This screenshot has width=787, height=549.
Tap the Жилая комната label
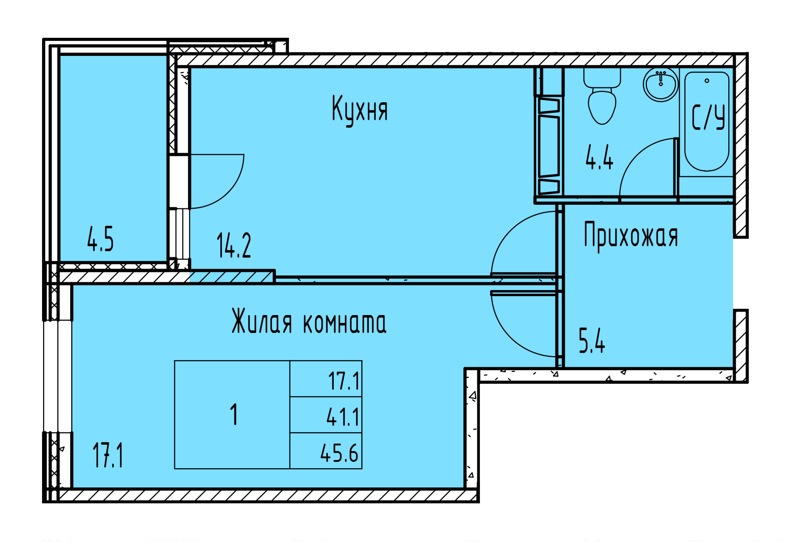click(x=309, y=321)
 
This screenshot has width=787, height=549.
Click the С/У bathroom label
click(x=708, y=117)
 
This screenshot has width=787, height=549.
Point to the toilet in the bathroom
click(x=602, y=96)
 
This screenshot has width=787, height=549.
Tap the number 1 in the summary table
click(x=234, y=414)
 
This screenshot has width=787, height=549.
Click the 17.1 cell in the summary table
click(x=344, y=381)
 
